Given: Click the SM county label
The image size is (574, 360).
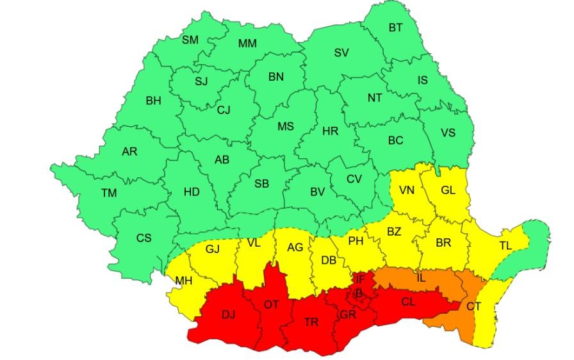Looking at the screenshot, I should tap(190, 40).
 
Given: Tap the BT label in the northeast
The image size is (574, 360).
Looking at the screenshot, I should tap(397, 28).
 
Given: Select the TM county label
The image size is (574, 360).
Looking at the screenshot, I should tap(109, 192).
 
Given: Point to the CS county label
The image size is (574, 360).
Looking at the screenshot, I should tap(144, 238).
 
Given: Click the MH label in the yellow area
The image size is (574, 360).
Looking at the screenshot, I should tap(184, 281).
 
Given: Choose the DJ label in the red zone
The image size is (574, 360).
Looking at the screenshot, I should tap(229, 315).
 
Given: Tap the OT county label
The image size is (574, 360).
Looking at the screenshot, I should tap(272, 304).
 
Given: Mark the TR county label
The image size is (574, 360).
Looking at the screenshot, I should tap(311, 322).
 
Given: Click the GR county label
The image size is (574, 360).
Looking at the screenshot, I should tap(348, 315).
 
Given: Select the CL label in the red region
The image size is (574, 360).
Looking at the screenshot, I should tap(409, 302).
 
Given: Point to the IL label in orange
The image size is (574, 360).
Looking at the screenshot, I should tap(421, 278).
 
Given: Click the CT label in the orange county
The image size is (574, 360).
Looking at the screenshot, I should tap(473, 307).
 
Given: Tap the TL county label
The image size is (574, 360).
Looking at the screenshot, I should tap(505, 245).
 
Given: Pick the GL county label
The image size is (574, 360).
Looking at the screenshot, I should tap(448, 190).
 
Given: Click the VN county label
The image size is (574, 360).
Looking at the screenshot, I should tap(407, 190).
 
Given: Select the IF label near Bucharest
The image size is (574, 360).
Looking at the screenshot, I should tap(361, 279).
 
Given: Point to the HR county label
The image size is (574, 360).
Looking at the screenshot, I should tap(330, 131).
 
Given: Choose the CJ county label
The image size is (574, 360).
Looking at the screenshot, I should tap(224, 110).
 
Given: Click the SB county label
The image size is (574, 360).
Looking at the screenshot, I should tap(261, 183).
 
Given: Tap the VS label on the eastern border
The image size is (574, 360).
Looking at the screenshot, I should tap(448, 133).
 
